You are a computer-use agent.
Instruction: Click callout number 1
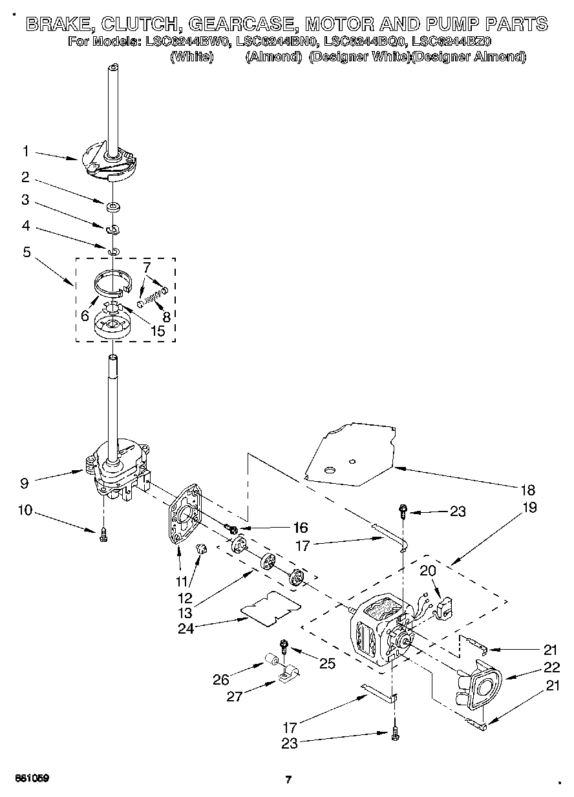pos(25,151)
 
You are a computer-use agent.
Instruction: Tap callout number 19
pos(529,508)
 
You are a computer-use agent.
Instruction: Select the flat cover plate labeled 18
pos(349,452)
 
